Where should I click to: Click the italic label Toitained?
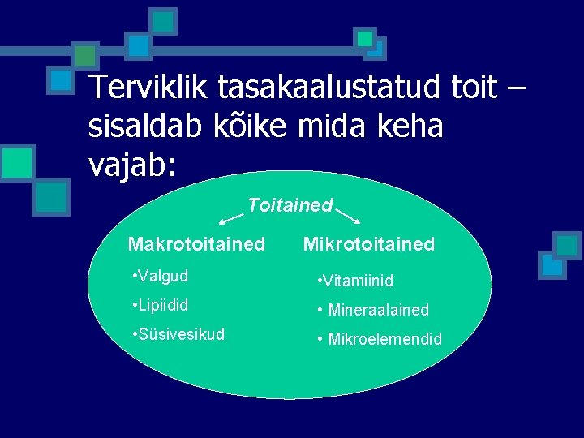290,205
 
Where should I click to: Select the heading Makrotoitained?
196,243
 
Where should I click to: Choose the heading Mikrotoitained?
369,243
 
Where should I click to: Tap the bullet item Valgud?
159,276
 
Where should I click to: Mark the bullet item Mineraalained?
374,310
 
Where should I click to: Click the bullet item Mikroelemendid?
380,339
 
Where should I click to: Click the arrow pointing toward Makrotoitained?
231,216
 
